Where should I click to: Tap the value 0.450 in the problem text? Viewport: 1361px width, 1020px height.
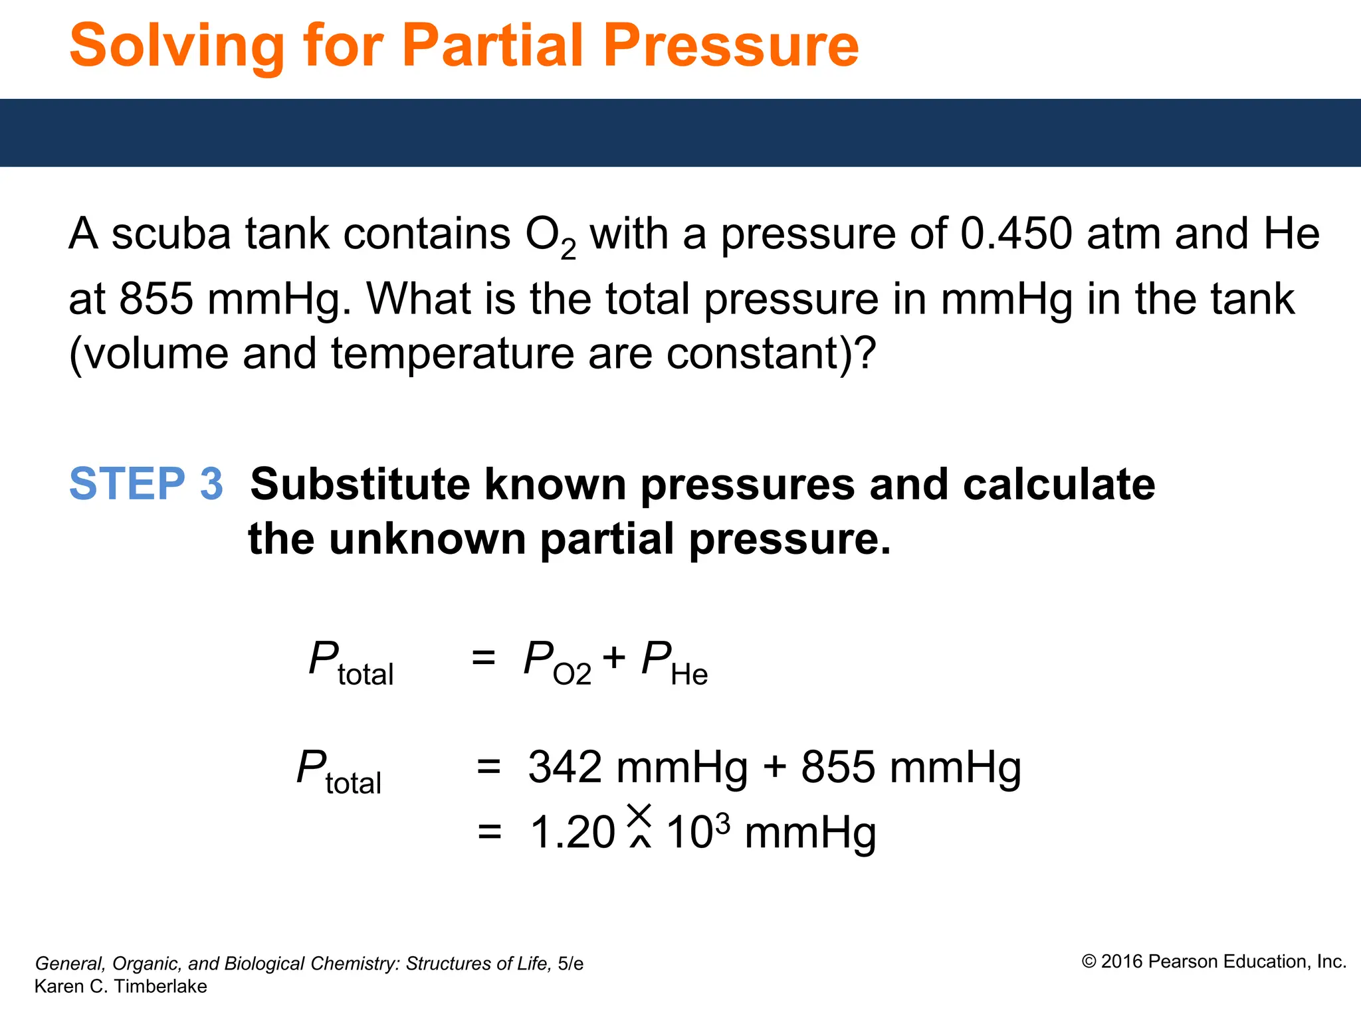1016,234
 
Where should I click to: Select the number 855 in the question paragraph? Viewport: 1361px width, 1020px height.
156,299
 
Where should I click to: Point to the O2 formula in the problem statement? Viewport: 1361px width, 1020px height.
550,237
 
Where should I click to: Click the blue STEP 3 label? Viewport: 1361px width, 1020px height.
146,483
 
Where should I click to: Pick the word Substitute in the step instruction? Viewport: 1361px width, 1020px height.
360,484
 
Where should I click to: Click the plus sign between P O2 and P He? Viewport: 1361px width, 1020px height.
614,657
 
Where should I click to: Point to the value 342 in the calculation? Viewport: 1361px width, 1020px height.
565,768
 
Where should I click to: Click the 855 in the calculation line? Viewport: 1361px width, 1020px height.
838,768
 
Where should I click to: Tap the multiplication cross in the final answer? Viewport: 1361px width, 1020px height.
639,815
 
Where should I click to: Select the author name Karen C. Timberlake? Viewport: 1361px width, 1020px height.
120,987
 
